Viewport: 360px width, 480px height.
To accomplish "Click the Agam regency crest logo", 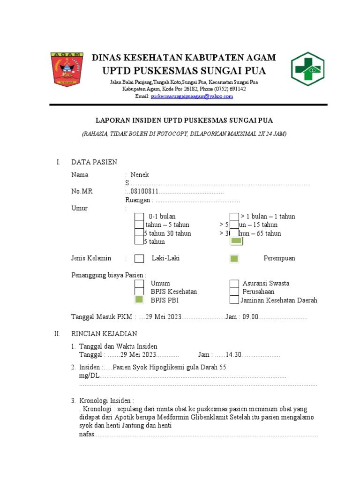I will click(67, 69).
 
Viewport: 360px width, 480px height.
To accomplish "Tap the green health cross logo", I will click(307, 69).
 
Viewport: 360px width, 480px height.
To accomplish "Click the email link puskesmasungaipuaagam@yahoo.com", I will click(191, 97).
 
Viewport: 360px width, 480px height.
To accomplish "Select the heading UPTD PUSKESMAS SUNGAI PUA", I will click(184, 71).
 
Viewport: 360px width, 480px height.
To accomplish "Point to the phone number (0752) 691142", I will click(230, 89).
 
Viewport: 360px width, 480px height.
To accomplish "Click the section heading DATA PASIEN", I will click(94, 162).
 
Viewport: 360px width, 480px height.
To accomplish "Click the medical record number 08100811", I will click(144, 192).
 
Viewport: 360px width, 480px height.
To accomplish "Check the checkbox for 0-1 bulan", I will click(139, 217).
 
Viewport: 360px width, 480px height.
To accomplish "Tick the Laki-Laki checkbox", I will click(139, 259).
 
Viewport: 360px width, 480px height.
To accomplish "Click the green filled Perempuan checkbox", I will click(234, 259).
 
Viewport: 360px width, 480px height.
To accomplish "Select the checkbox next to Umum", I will click(139, 284).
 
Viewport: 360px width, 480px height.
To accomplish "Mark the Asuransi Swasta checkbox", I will click(234, 284).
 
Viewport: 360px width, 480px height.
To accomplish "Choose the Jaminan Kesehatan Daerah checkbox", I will click(234, 300).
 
